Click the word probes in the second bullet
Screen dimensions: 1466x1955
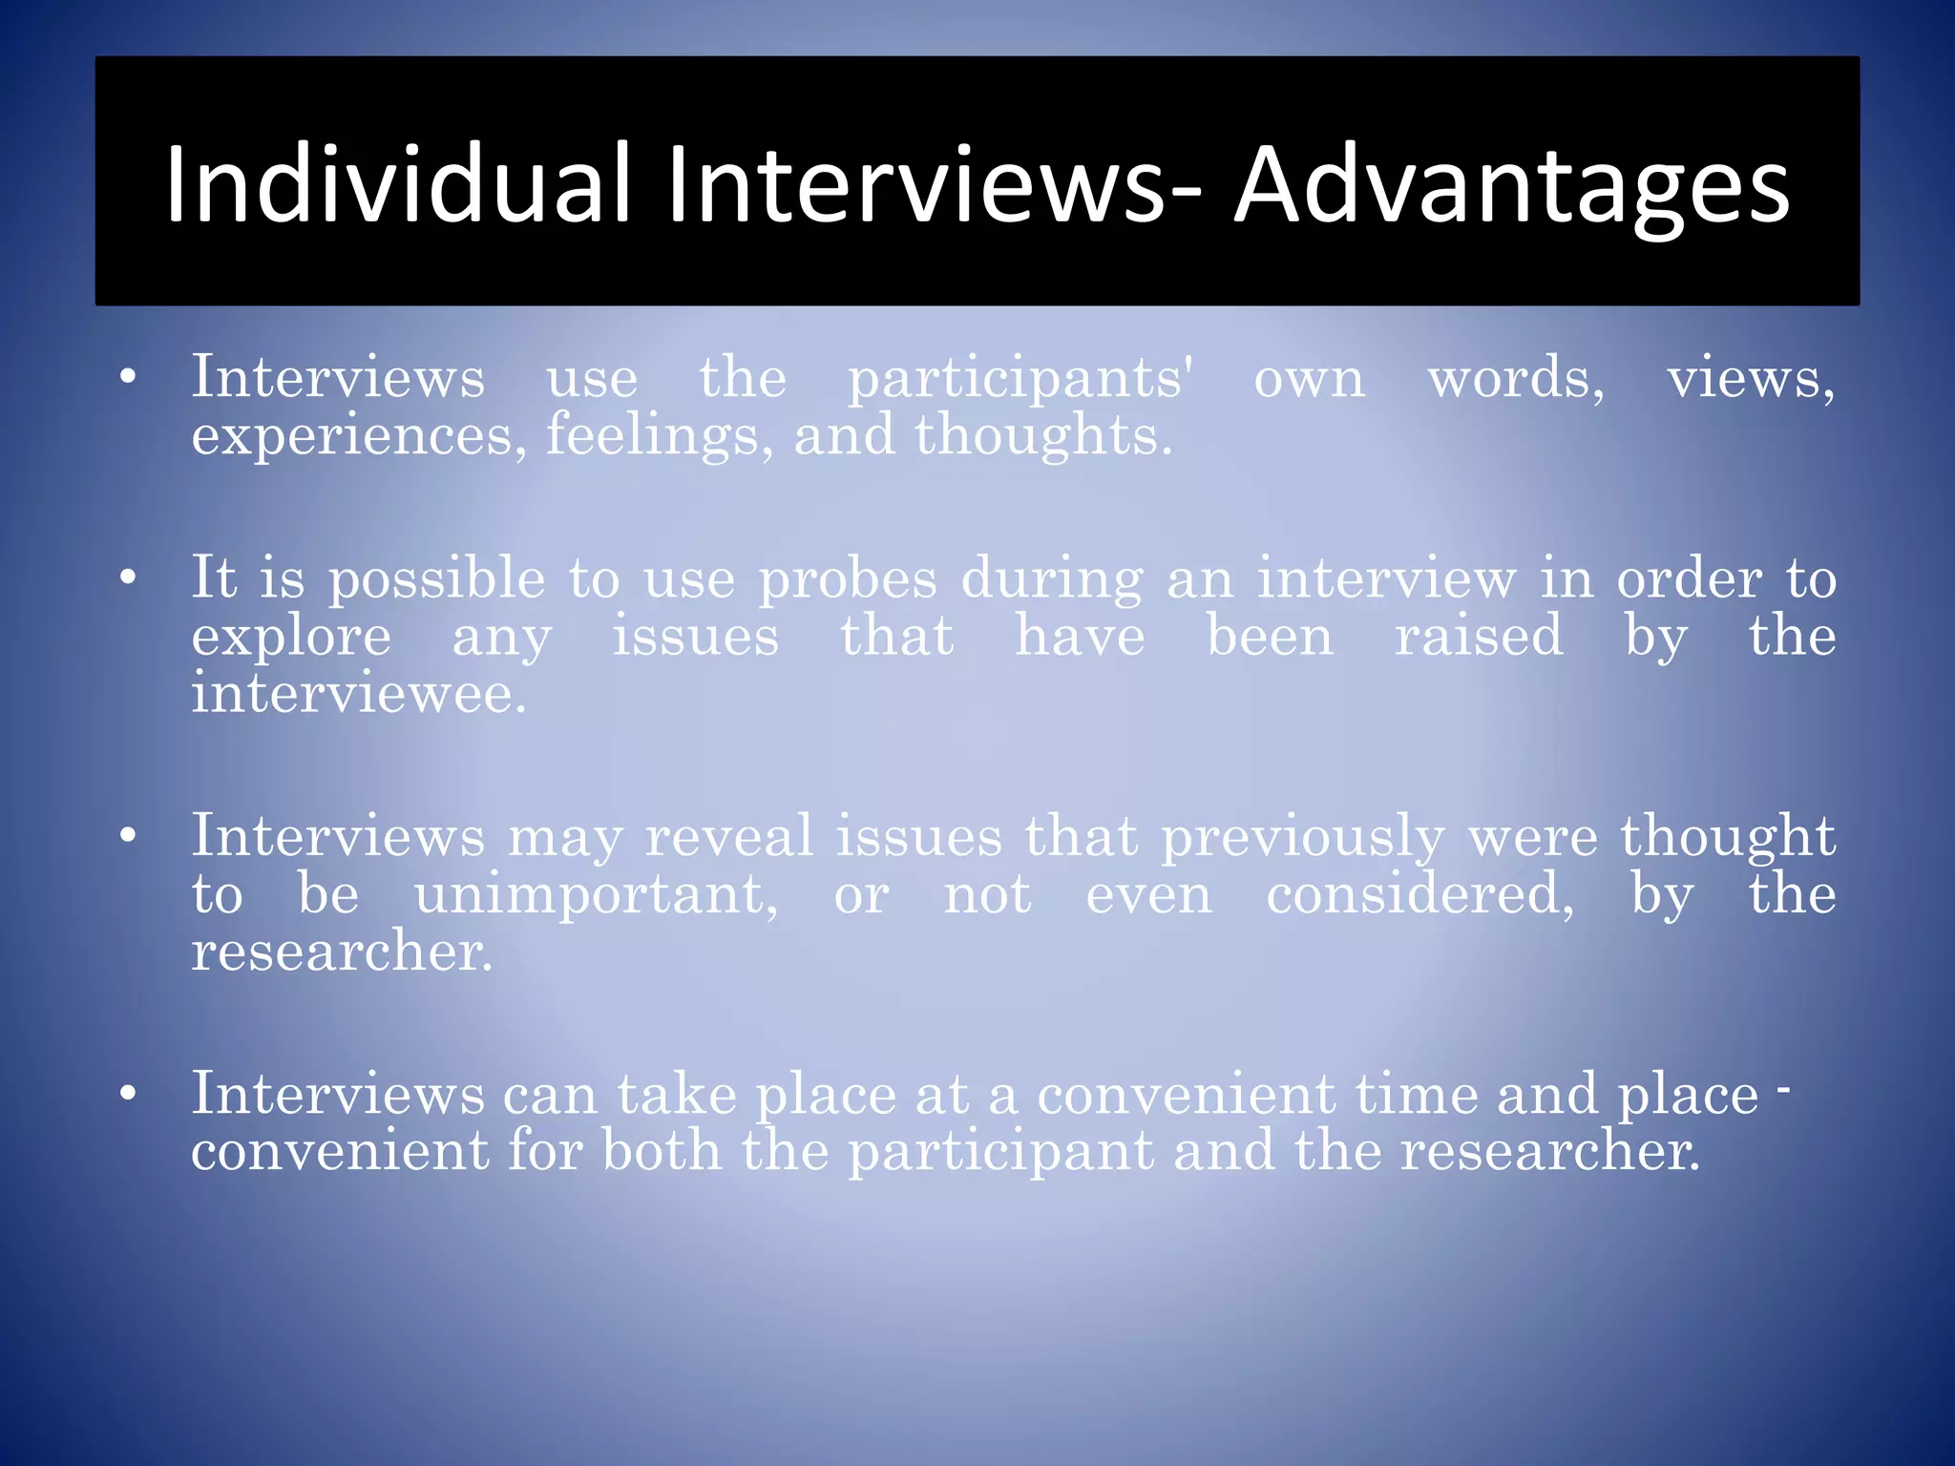coord(848,580)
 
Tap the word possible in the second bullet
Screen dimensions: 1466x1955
coord(436,580)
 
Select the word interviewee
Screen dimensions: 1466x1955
coord(358,693)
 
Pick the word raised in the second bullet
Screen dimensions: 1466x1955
coord(1479,636)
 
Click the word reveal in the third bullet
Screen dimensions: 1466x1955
coord(729,836)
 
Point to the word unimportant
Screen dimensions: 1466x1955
coord(596,894)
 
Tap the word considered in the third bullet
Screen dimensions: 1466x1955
coord(1419,894)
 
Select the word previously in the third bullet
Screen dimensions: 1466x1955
coord(1302,838)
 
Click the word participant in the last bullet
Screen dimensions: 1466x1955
coord(1000,1152)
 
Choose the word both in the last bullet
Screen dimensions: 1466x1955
coord(661,1150)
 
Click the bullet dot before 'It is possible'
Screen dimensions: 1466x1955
coord(128,577)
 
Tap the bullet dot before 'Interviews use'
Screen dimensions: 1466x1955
coord(128,377)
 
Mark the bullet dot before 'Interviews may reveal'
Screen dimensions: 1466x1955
coord(128,836)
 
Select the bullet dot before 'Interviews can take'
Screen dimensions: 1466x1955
coord(128,1094)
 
